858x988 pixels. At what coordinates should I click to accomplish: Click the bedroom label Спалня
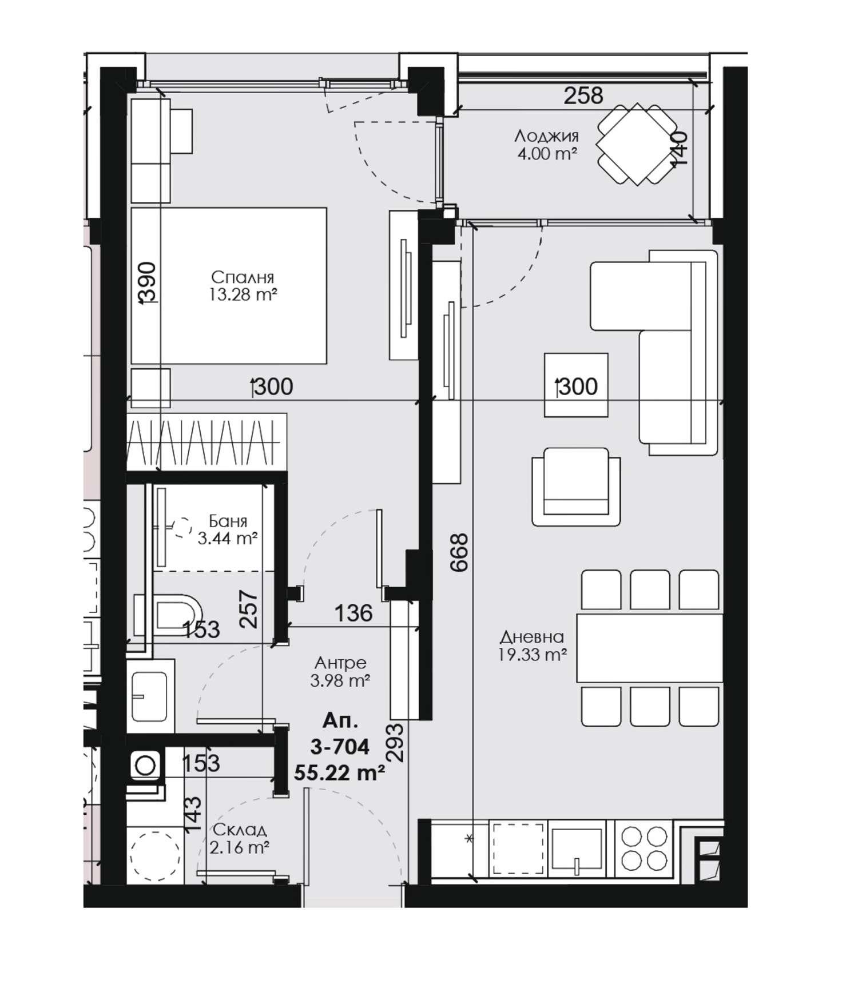point(243,277)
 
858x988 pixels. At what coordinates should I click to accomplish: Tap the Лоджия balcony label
point(546,136)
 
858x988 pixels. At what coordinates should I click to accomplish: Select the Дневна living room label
point(532,637)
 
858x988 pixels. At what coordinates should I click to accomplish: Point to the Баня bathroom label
point(228,521)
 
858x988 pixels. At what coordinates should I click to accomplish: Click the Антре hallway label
point(340,663)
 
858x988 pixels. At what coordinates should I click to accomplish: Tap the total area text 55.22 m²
point(339,773)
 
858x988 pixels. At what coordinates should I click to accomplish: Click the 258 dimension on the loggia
point(583,95)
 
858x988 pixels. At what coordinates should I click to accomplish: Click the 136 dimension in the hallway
point(353,613)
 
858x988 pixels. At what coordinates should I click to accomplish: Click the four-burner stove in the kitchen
point(643,848)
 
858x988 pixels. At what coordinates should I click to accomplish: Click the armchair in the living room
point(576,487)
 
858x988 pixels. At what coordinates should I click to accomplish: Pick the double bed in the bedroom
point(229,286)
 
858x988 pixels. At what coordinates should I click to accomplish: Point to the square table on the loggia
point(636,144)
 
